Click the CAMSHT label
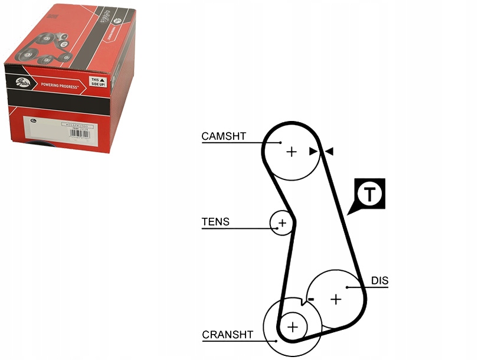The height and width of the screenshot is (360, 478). coord(224,136)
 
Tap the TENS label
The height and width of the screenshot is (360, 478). coord(215,222)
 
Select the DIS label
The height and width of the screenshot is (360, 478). coord(379,281)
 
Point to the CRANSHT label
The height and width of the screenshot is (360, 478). coord(227,335)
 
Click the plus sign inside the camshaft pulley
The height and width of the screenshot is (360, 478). coord(291,152)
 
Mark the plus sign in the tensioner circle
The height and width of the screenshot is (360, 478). coord(282,223)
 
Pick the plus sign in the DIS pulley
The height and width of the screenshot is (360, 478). coord(336,299)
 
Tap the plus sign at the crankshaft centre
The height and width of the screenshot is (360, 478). coord(293,325)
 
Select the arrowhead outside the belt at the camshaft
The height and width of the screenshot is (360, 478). coord(329,152)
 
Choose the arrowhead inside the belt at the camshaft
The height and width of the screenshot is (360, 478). coord(313,151)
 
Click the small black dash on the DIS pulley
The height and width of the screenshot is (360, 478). coord(311,299)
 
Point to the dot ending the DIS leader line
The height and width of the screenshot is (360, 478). coord(348,287)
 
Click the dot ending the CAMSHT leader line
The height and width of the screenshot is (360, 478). coord(280,142)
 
